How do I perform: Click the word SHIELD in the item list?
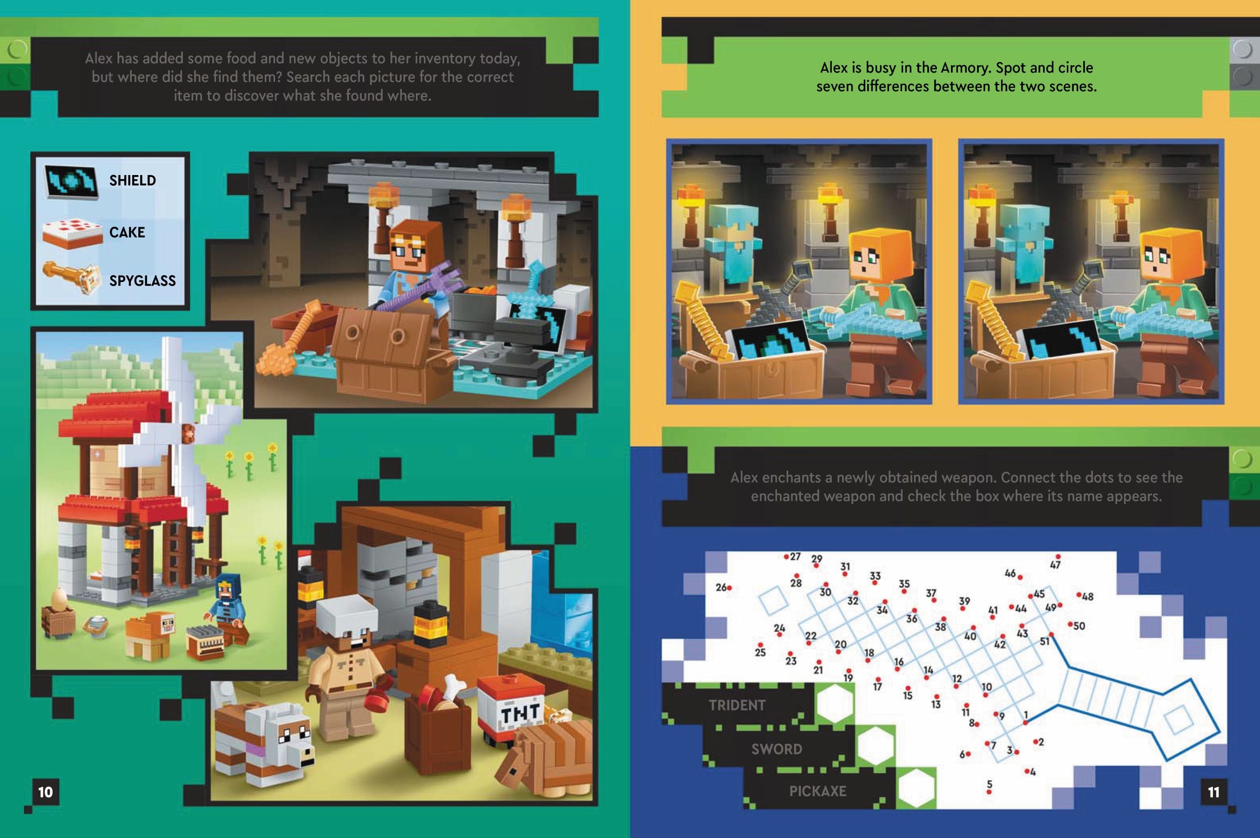[133, 181]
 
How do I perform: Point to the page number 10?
[46, 791]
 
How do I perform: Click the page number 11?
[1213, 791]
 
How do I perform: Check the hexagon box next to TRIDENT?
[834, 704]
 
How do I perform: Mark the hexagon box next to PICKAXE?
[916, 788]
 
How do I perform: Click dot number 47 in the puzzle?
[1058, 557]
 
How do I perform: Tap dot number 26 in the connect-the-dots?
[729, 588]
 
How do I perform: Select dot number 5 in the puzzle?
[989, 792]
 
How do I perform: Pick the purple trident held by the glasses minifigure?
[422, 289]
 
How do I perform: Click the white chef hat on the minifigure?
[340, 611]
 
